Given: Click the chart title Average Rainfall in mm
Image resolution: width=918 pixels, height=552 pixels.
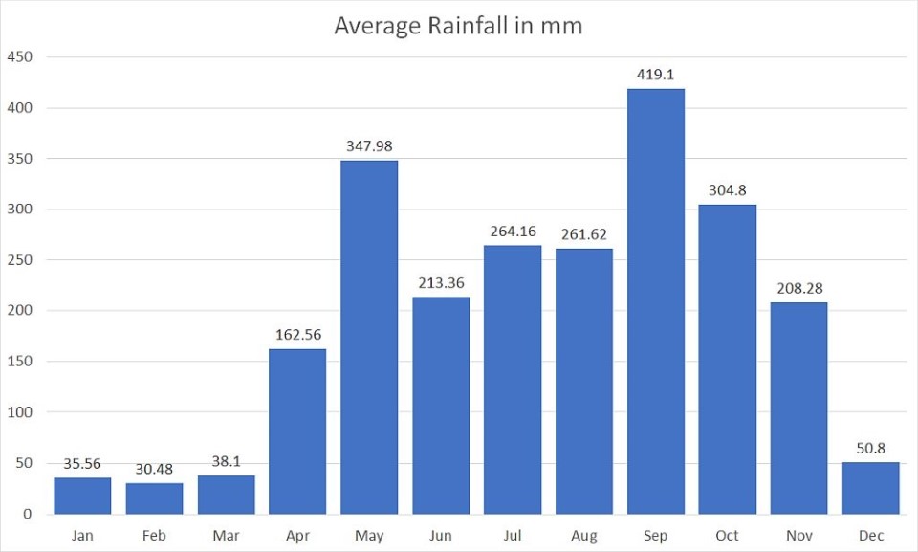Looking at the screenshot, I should click(x=458, y=26).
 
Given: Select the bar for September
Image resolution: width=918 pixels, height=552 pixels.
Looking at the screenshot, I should click(x=656, y=301).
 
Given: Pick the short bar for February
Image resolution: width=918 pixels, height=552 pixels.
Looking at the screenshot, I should click(x=154, y=498).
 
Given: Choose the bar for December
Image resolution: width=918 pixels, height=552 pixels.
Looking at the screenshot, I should click(x=871, y=489).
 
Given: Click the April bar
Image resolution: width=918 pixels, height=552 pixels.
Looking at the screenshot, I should click(x=297, y=431).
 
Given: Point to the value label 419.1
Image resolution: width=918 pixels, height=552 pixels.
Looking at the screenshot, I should click(x=656, y=74).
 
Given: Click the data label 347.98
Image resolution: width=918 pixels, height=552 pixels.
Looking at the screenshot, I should click(x=369, y=146).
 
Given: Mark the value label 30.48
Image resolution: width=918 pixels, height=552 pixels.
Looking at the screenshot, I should click(x=154, y=469).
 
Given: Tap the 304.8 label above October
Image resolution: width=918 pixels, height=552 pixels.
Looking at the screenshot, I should click(x=728, y=190).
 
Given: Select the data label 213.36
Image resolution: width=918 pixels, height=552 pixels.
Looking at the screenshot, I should click(x=441, y=283).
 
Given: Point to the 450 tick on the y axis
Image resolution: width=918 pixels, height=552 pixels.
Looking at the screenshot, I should click(x=20, y=57).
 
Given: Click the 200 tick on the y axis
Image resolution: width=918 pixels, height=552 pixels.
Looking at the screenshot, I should click(x=20, y=311).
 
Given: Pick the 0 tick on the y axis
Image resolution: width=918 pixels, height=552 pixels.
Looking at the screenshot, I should click(x=28, y=515).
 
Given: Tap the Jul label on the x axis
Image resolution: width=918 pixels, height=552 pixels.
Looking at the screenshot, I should click(x=513, y=536).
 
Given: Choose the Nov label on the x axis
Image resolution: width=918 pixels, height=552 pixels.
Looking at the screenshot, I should click(x=799, y=536).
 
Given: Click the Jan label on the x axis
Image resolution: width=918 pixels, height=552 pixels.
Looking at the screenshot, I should click(x=82, y=536).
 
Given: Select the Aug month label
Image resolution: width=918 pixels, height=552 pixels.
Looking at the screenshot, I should click(x=584, y=536).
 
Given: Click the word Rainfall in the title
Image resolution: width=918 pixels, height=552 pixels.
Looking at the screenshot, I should click(x=475, y=26).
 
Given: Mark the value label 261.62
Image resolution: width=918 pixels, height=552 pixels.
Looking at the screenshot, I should click(x=584, y=234).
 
